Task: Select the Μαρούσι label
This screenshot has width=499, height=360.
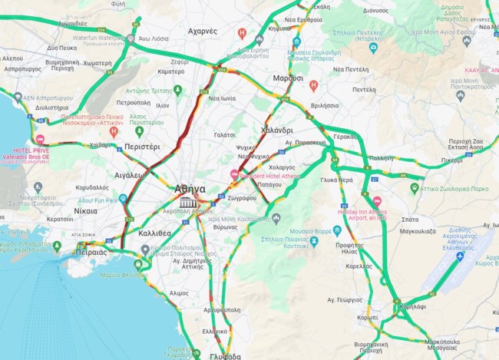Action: pos(288,78)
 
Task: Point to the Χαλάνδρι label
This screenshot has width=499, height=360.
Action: pos(277,130)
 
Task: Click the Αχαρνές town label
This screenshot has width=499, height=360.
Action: pos(203,31)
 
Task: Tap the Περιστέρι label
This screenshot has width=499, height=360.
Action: pos(141,145)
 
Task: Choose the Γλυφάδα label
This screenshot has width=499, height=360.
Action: pos(223,356)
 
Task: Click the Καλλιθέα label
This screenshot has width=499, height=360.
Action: pos(155,232)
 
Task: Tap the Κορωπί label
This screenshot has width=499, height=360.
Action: pos(368,316)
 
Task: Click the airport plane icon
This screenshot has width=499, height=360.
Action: pos(460,256)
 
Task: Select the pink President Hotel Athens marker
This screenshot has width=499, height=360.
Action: pos(234,175)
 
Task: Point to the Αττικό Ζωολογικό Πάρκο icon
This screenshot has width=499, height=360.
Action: pos(415,187)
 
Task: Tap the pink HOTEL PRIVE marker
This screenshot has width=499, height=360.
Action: pos(40,139)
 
